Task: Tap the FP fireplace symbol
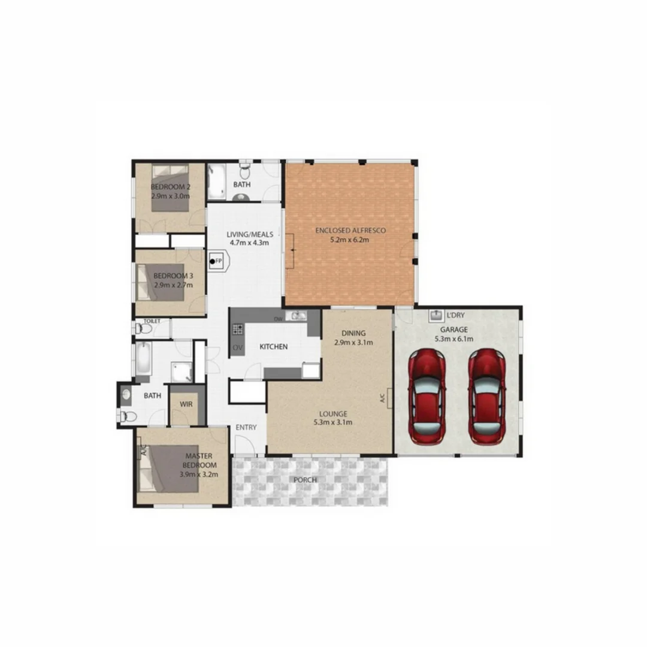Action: pyautogui.click(x=215, y=261)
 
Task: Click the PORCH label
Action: pyautogui.click(x=305, y=480)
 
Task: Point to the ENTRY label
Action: pyautogui.click(x=246, y=427)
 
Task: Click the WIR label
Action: pyautogui.click(x=186, y=404)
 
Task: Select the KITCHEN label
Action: pyautogui.click(x=273, y=347)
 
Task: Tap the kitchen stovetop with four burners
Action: pyautogui.click(x=238, y=328)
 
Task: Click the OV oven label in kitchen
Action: pyautogui.click(x=237, y=348)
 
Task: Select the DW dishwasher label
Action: pyautogui.click(x=277, y=319)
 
